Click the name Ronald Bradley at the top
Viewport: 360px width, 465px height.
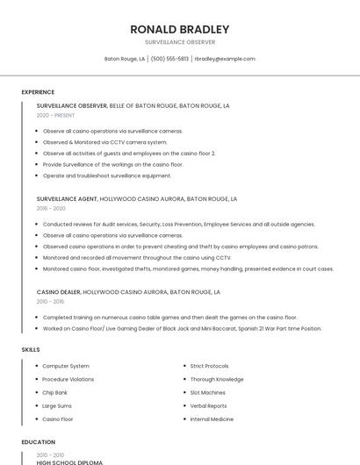pyautogui.click(x=180, y=29)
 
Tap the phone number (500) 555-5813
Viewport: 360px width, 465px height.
pyautogui.click(x=169, y=59)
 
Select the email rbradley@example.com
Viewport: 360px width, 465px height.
pyautogui.click(x=225, y=59)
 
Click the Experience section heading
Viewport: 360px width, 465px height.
pyautogui.click(x=38, y=92)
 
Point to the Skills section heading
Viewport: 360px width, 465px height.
pyautogui.click(x=31, y=350)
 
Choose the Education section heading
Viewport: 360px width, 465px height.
pyautogui.click(x=38, y=442)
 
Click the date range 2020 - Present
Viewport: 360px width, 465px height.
pyautogui.click(x=56, y=115)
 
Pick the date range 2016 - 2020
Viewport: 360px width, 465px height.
pyautogui.click(x=51, y=208)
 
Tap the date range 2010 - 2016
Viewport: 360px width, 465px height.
pyautogui.click(x=51, y=301)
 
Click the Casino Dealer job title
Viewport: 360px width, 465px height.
pyautogui.click(x=58, y=291)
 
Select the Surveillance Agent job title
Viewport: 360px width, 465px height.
pyautogui.click(x=67, y=198)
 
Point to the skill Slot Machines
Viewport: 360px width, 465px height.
pyautogui.click(x=207, y=392)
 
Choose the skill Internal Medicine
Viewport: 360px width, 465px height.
pyautogui.click(x=212, y=419)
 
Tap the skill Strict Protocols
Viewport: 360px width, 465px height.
pyautogui.click(x=209, y=366)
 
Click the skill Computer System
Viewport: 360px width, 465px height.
pyautogui.click(x=66, y=366)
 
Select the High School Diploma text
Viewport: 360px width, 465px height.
pyautogui.click(x=69, y=461)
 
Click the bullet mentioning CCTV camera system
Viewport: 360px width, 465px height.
pyautogui.click(x=104, y=142)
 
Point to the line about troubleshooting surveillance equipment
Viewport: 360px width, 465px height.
pyautogui.click(x=107, y=175)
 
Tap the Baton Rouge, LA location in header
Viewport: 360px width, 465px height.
pyautogui.click(x=125, y=59)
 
